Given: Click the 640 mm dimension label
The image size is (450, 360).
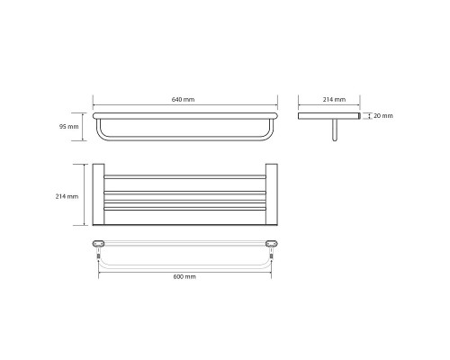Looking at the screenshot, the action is (183, 99).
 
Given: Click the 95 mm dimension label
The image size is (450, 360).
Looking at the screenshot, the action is (68, 127).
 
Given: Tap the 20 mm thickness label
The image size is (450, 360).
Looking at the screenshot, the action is (383, 116).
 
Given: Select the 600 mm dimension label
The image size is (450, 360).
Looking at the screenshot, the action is (184, 276).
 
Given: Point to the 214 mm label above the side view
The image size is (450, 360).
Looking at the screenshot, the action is (334, 99).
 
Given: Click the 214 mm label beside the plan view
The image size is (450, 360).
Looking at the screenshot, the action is (67, 196).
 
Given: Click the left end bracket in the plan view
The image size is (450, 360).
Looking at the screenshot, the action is (98, 194).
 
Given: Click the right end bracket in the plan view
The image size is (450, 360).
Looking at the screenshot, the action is (272, 194).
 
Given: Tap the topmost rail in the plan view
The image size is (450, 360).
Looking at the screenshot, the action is (184, 177).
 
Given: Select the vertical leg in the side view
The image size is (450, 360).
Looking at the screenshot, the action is (335, 130).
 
